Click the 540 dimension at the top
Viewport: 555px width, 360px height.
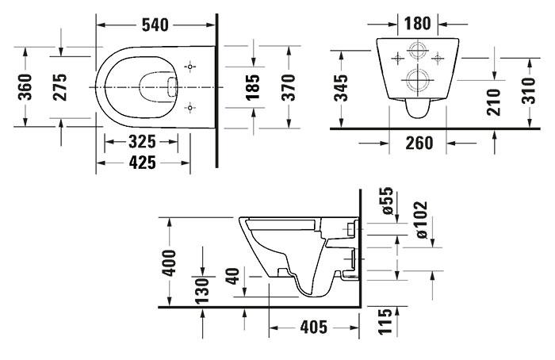[x=155, y=25]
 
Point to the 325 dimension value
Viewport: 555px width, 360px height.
[x=143, y=143]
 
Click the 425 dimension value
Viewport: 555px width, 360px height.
[x=143, y=163]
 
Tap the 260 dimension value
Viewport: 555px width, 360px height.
[x=417, y=143]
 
